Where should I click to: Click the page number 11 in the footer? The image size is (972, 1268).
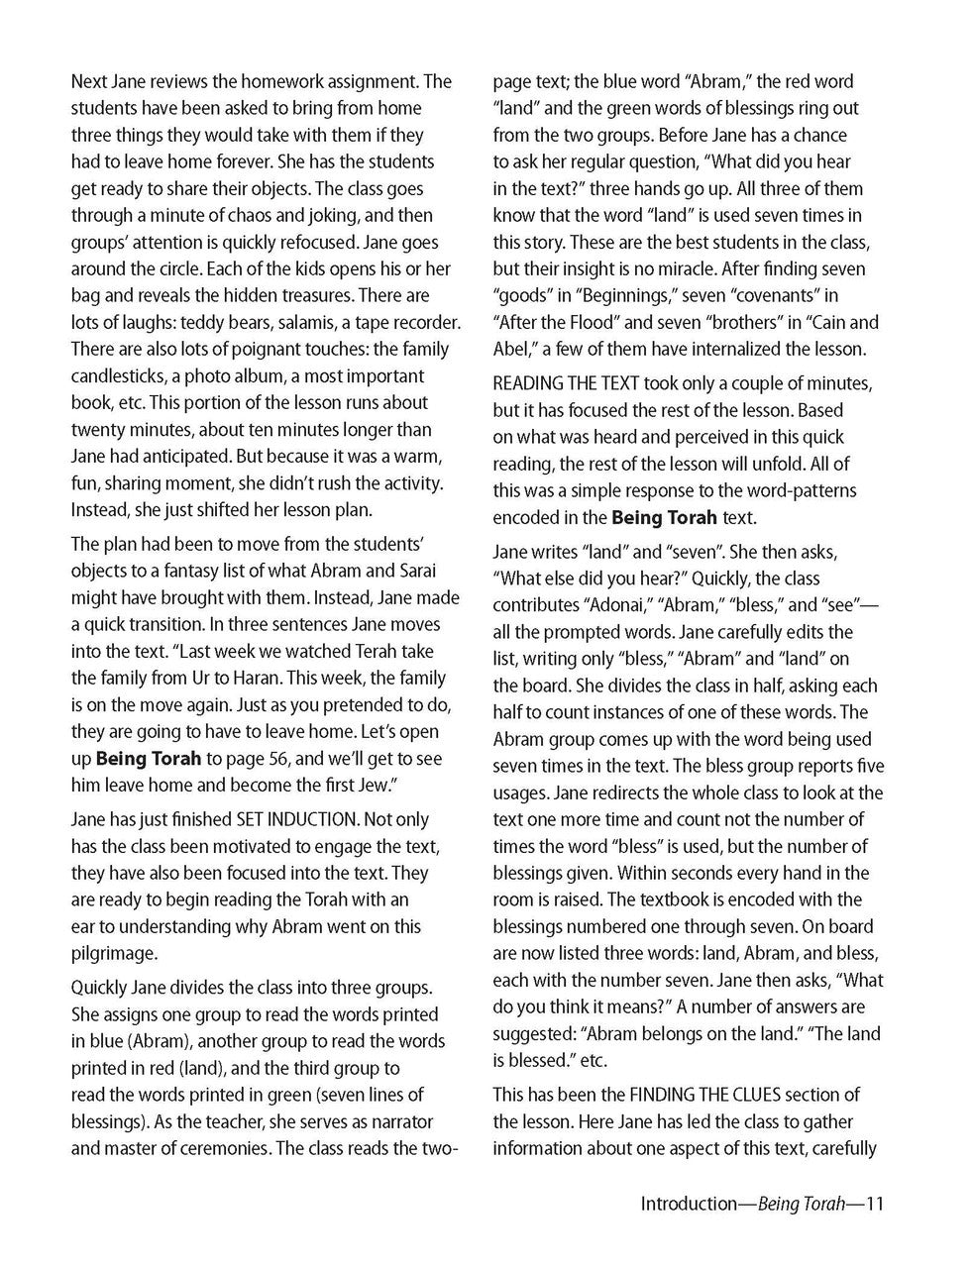[873, 1205]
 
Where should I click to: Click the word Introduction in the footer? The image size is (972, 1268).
[686, 1205]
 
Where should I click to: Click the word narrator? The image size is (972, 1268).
[401, 1121]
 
